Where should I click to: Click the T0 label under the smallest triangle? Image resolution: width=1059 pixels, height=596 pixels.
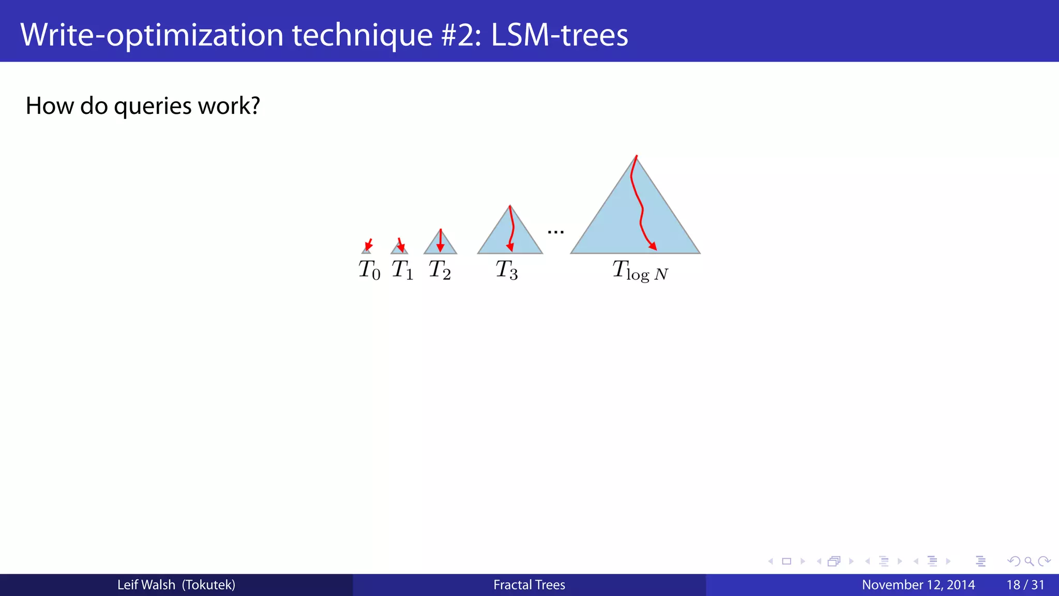pos(369,270)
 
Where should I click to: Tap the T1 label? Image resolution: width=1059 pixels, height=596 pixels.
pos(402,270)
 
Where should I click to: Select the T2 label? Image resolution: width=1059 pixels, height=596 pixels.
pos(440,270)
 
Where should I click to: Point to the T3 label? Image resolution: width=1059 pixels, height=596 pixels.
pos(506,270)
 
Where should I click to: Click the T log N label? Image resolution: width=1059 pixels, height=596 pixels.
pos(640,271)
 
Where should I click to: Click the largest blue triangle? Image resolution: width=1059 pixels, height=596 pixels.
pos(610,228)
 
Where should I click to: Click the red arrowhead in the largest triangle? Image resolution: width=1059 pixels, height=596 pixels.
pos(653,247)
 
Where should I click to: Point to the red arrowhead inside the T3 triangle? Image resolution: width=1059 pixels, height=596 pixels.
pos(510,247)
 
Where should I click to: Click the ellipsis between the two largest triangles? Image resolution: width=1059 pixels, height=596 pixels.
pos(555,232)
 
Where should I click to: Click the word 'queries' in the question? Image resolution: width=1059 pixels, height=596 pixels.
pos(153,106)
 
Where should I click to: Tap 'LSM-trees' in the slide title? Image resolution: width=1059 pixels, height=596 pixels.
pos(559,35)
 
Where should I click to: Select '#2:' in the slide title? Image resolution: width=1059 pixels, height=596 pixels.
pos(462,35)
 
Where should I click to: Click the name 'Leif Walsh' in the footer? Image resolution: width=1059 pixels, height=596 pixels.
pos(146,585)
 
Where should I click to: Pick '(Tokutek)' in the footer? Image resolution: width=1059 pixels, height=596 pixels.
pos(208,585)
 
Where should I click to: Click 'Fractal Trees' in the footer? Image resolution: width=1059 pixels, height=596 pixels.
pos(529,585)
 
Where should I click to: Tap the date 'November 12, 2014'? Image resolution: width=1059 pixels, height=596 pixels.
pos(918,585)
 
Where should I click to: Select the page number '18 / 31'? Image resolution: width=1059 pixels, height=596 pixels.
pos(1025,585)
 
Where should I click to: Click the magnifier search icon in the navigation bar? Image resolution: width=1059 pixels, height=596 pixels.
pos(1028,561)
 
